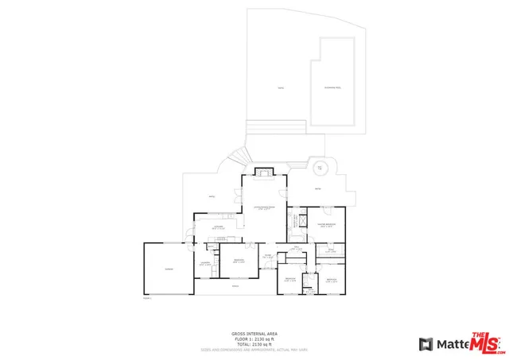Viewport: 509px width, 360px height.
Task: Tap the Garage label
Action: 168,269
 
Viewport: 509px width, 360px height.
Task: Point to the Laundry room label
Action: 204,263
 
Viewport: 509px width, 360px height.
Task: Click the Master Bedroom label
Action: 327,225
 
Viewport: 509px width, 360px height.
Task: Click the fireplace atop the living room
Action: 263,172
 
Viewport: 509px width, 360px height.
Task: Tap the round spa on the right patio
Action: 321,168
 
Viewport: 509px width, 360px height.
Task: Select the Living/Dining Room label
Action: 264,208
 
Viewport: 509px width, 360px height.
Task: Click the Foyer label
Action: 269,256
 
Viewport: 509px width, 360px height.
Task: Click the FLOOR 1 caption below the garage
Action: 147,299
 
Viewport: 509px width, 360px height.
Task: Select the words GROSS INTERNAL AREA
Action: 254,333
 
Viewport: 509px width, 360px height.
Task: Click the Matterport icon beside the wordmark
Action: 425,344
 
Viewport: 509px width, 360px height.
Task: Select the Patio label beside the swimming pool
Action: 279,87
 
